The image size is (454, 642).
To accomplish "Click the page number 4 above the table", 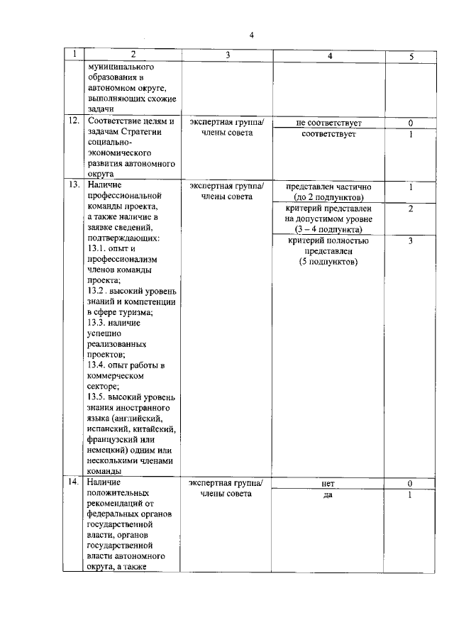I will pos(251,35).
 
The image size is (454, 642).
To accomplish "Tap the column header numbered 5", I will pos(411,55).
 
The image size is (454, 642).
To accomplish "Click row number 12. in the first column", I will pos(72,121).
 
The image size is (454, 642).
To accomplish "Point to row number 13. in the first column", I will pos(72,185).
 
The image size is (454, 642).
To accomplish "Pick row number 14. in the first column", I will pos(72,482).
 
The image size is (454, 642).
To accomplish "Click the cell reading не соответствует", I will pos(328,123).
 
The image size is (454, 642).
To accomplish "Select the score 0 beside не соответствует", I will pos(411,123).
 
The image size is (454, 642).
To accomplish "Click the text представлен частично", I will pos(328,187).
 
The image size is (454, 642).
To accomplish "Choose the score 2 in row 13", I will pos(411,209).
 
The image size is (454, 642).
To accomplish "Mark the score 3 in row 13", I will pos(411,241).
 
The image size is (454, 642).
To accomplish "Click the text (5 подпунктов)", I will pos(328,262).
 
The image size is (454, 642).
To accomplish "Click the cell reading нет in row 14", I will pos(328,483).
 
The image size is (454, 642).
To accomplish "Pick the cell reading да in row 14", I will pos(328,494).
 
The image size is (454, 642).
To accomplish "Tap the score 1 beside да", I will pos(411,494).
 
